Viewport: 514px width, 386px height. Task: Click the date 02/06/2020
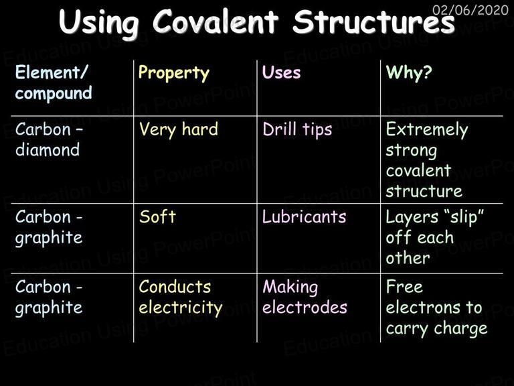tap(470, 10)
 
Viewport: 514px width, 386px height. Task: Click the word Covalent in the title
tap(216, 21)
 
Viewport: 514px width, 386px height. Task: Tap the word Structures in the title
tap(374, 21)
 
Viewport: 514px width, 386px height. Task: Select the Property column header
tap(174, 73)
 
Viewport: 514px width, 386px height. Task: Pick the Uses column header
tap(281, 72)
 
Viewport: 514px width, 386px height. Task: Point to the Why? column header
tap(409, 72)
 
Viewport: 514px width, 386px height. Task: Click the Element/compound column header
tap(54, 82)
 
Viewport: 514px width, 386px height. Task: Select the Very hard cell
tap(178, 129)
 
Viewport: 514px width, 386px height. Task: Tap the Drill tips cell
tap(297, 129)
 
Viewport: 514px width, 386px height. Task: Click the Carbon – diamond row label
tap(49, 139)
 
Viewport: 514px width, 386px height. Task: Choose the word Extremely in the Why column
tap(427, 130)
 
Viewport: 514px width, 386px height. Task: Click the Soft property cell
tap(157, 216)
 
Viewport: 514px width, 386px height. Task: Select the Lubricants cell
tap(305, 216)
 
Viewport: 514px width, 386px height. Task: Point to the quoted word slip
tap(464, 217)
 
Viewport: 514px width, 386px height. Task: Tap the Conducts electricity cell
tap(181, 298)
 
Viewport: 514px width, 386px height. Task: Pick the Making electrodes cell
tap(305, 297)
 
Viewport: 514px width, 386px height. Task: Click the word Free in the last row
tap(404, 287)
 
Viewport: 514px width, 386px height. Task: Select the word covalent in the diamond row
tap(418, 171)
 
